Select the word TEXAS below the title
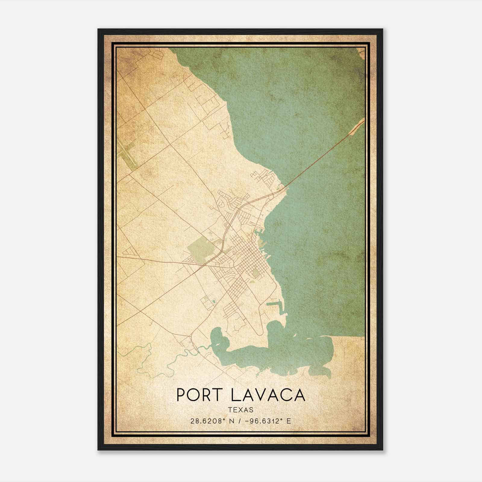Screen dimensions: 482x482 tap(241, 410)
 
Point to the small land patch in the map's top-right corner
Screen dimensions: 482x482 tap(361, 54)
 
